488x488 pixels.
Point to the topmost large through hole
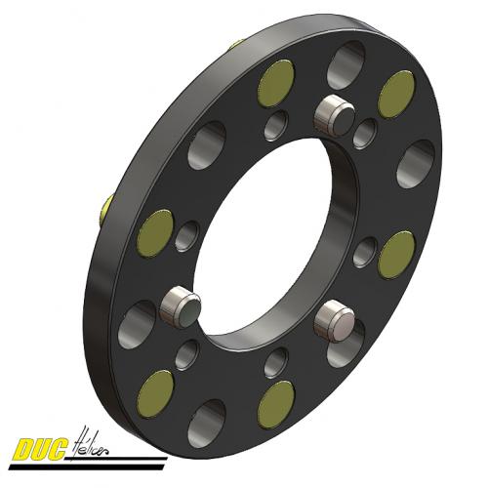pos(346,66)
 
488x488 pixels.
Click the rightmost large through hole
pos(416,163)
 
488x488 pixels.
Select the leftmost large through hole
pos(137,324)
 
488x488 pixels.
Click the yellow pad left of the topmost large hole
pos(276,83)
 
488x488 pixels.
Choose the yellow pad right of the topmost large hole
pos(396,93)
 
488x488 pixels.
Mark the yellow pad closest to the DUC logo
pos(156,392)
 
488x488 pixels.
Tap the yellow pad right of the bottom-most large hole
pos(276,403)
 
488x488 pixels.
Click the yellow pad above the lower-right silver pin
pos(396,255)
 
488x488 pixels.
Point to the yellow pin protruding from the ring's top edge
pos(237,44)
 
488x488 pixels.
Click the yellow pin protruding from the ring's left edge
pos(105,206)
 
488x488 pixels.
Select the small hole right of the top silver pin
pos(365,134)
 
